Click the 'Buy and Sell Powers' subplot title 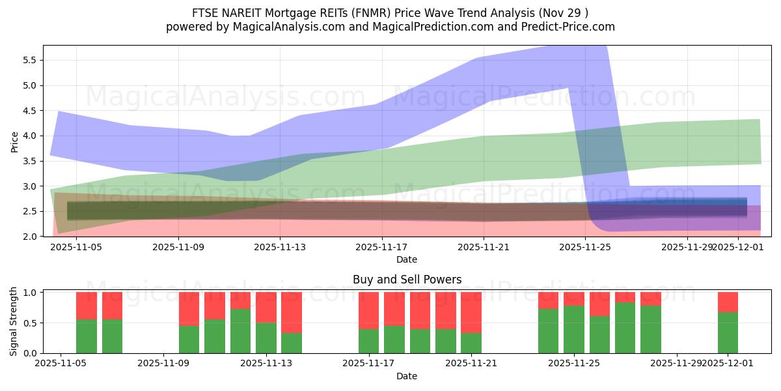click(407, 280)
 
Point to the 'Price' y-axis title click(15, 141)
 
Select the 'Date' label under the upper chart click(407, 259)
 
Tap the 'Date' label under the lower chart click(407, 376)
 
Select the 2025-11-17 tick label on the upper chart click(382, 247)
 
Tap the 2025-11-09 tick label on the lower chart click(163, 364)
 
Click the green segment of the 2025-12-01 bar click(728, 333)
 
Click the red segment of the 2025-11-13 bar click(266, 307)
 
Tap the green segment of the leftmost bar click(87, 336)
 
